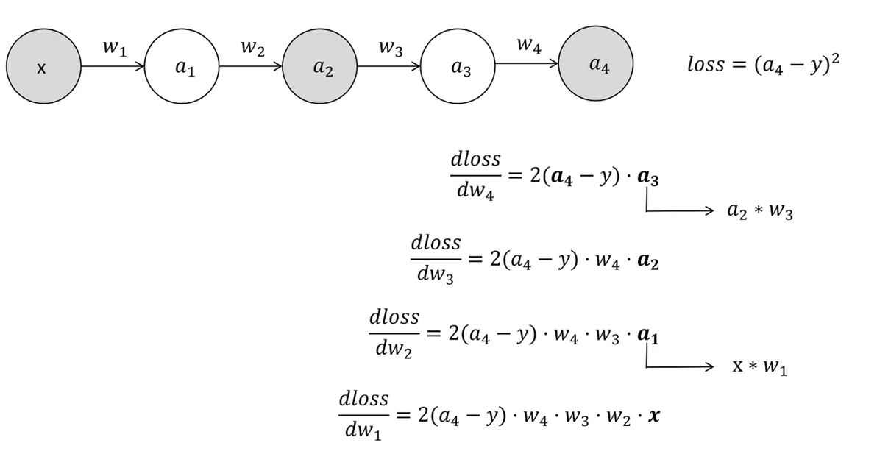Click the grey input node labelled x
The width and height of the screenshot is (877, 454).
(x=42, y=68)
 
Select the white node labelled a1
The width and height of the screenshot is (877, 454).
(x=182, y=68)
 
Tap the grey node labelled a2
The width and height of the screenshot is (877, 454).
(x=322, y=68)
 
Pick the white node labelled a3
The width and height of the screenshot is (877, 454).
(x=460, y=68)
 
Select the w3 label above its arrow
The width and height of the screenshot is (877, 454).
(x=390, y=50)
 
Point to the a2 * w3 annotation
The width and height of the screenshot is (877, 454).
(x=759, y=213)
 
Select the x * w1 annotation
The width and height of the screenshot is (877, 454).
(x=760, y=366)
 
